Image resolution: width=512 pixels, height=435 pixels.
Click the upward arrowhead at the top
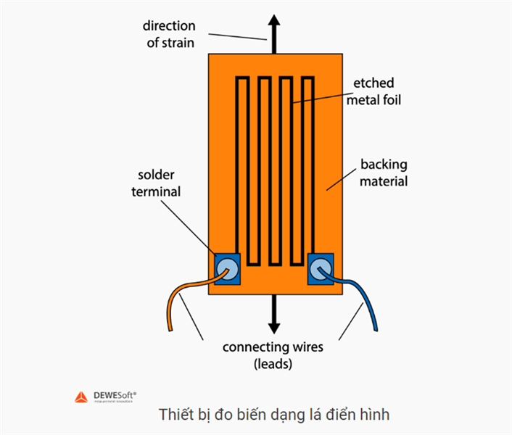click(x=275, y=21)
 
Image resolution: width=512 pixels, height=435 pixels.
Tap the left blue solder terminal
click(x=227, y=270)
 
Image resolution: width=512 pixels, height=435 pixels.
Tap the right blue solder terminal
click(x=320, y=270)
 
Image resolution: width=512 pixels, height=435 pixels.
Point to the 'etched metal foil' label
click(x=373, y=92)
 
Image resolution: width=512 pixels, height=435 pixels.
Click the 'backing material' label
click(x=384, y=173)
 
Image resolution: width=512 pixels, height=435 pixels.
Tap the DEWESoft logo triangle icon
click(x=81, y=397)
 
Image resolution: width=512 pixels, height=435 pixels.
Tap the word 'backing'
click(x=384, y=164)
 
